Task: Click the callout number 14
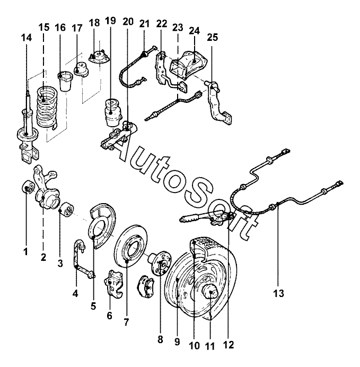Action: point(27,38)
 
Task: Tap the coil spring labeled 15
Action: point(46,108)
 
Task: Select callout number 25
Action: point(212,37)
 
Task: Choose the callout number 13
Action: point(278,293)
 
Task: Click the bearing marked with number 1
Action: point(29,187)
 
